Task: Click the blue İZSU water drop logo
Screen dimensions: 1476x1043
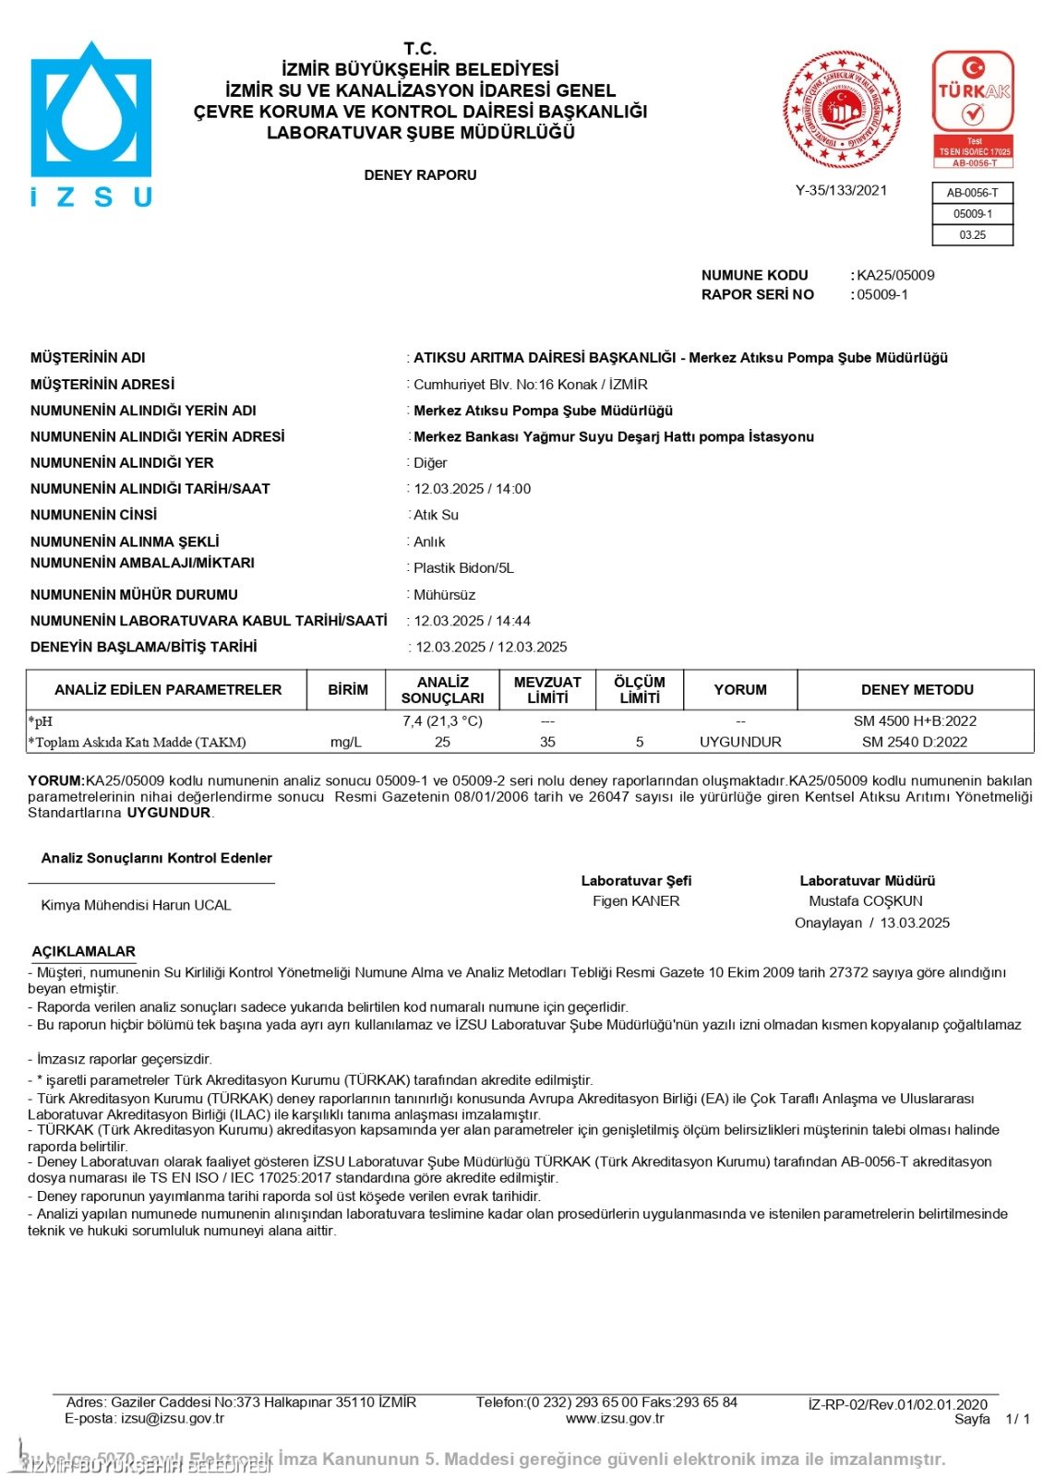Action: (x=90, y=111)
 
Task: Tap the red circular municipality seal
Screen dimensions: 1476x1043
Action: (x=842, y=110)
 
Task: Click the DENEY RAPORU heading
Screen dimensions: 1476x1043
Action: (x=420, y=175)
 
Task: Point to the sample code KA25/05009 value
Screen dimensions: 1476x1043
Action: (x=895, y=275)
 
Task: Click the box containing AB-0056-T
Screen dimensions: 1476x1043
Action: (x=973, y=193)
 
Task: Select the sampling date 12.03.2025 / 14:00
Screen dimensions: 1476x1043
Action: (x=473, y=489)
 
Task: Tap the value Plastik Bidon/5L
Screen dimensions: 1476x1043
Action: (x=463, y=568)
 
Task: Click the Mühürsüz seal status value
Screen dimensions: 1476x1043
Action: (x=445, y=595)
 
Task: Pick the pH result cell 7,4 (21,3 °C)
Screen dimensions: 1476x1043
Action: (x=442, y=721)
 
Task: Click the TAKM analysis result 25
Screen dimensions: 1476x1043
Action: (x=442, y=743)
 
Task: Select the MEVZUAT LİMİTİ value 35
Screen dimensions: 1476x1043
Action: (x=547, y=743)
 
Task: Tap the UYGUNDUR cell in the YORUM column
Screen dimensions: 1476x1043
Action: (x=740, y=743)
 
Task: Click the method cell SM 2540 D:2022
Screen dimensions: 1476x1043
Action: (x=915, y=743)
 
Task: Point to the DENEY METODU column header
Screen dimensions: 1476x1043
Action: (x=917, y=690)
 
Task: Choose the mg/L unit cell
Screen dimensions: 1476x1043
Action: (x=346, y=743)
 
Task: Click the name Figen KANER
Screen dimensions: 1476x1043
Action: (x=636, y=901)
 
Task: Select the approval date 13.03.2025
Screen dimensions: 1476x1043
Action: (x=915, y=923)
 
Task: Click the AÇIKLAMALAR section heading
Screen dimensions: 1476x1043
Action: (x=83, y=951)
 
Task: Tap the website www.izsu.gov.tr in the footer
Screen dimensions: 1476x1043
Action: (x=615, y=1419)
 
